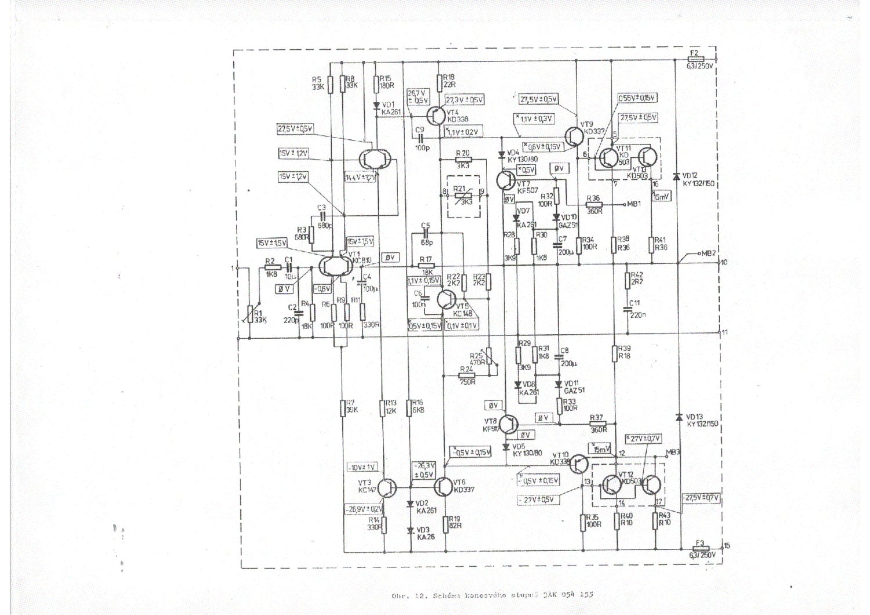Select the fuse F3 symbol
701,547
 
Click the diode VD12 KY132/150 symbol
676,176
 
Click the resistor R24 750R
466,376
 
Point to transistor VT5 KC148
445,299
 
